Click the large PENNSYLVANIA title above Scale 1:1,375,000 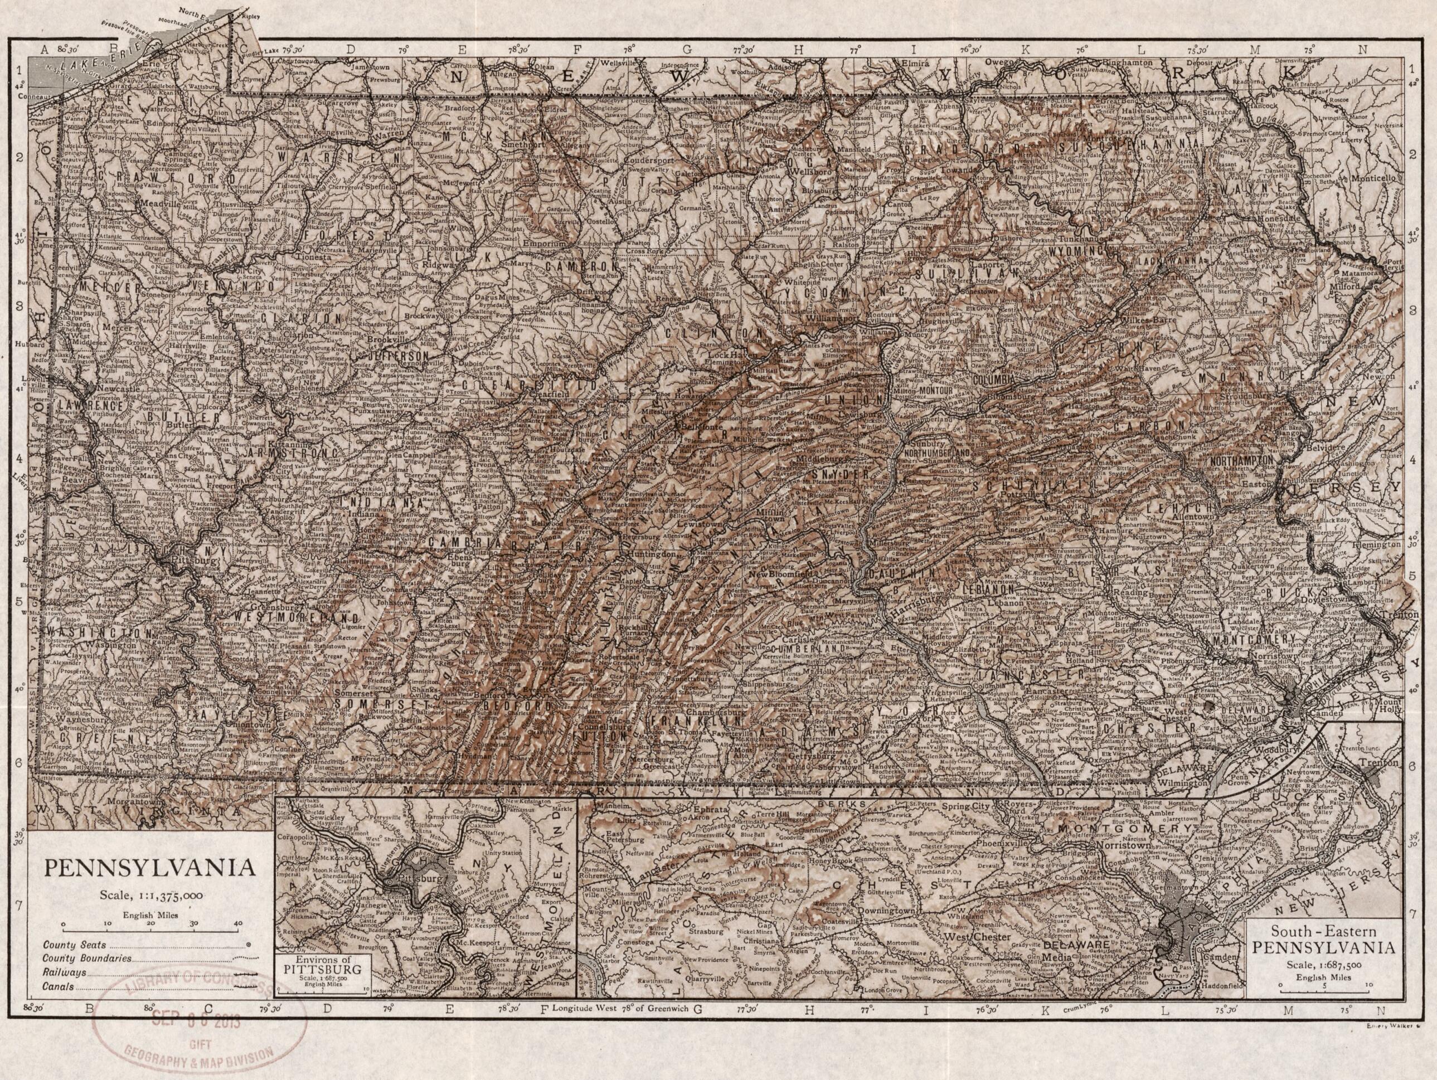pyautogui.click(x=149, y=868)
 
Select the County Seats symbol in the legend pyautogui.click(x=247, y=946)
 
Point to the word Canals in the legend pyautogui.click(x=59, y=988)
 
